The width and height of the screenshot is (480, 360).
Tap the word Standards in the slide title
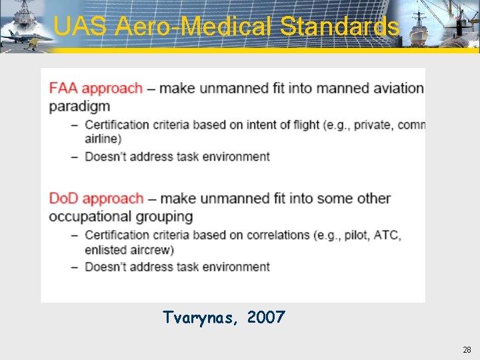339,27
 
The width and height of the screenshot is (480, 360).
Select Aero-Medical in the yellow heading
195,27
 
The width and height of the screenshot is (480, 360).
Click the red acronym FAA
63,88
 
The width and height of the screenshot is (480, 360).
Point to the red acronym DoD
63,198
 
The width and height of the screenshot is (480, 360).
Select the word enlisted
105,249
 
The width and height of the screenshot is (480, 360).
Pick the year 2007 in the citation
265,317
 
